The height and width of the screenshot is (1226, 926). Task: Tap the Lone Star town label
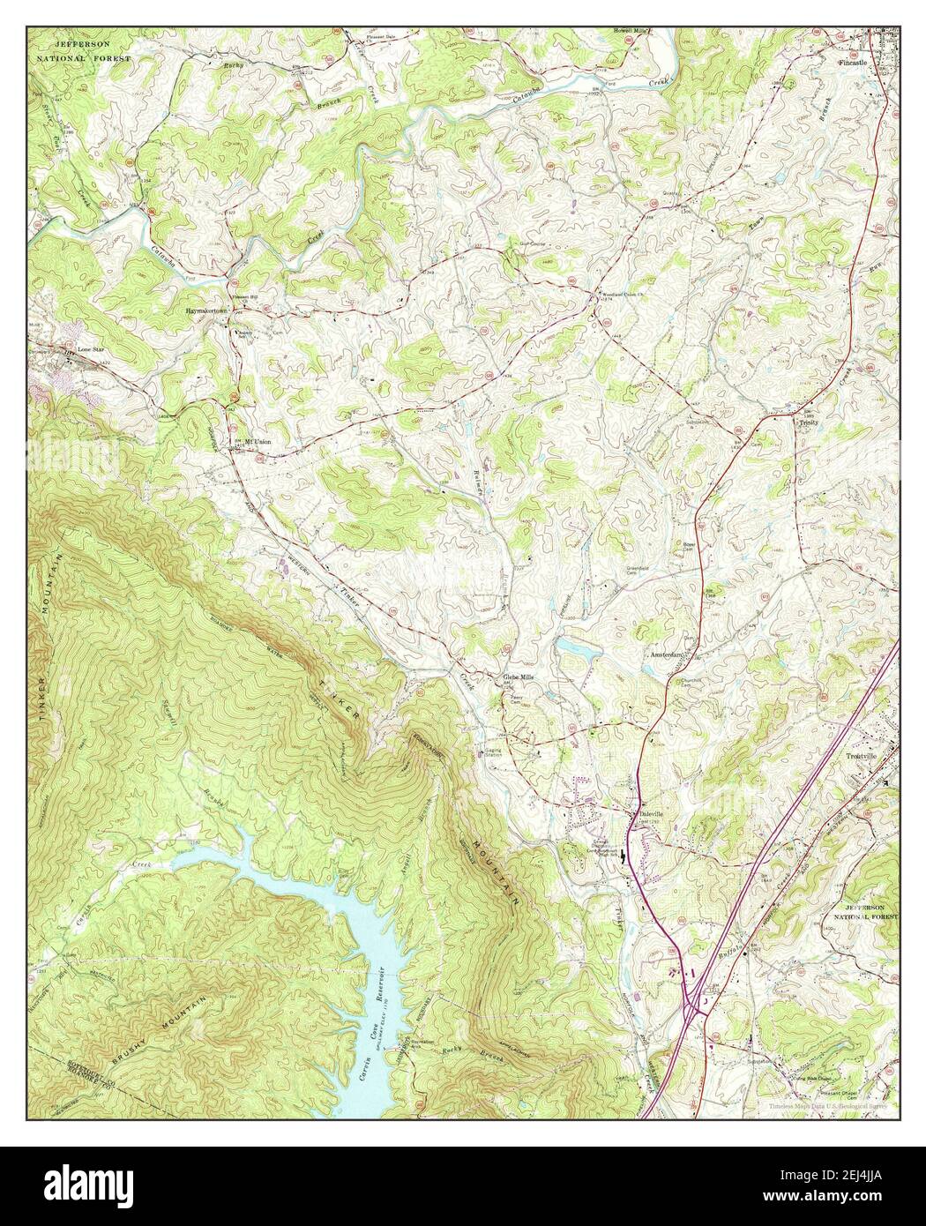click(x=92, y=349)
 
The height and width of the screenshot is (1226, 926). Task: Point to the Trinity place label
click(x=809, y=423)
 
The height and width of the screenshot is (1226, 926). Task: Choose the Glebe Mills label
click(x=519, y=677)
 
